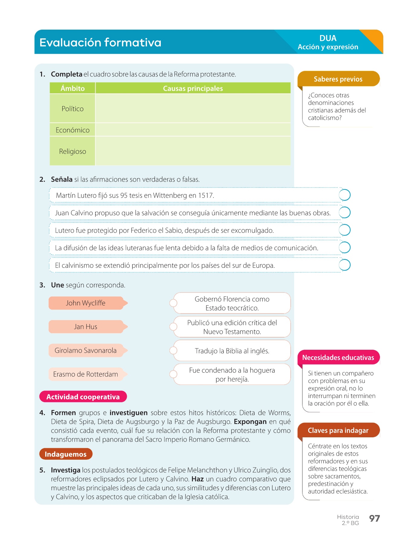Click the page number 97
click(x=374, y=518)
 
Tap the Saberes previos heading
click(x=338, y=79)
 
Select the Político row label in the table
click(x=73, y=109)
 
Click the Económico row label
click(x=73, y=130)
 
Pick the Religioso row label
click(x=73, y=151)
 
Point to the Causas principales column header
click(x=193, y=88)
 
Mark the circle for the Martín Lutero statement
click(x=345, y=195)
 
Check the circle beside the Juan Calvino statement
click(x=345, y=212)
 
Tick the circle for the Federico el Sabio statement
click(x=345, y=230)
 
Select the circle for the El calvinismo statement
click(x=345, y=265)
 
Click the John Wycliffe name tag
click(x=86, y=303)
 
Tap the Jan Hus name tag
click(x=86, y=327)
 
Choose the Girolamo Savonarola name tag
click(x=86, y=350)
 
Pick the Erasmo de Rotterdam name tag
click(x=86, y=374)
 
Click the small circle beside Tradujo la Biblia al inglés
click(x=173, y=350)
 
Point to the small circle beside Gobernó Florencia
click(x=173, y=303)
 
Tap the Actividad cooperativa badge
click(x=83, y=397)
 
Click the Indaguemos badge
click(x=66, y=454)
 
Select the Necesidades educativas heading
click(x=338, y=358)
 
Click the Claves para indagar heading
click(x=338, y=430)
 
